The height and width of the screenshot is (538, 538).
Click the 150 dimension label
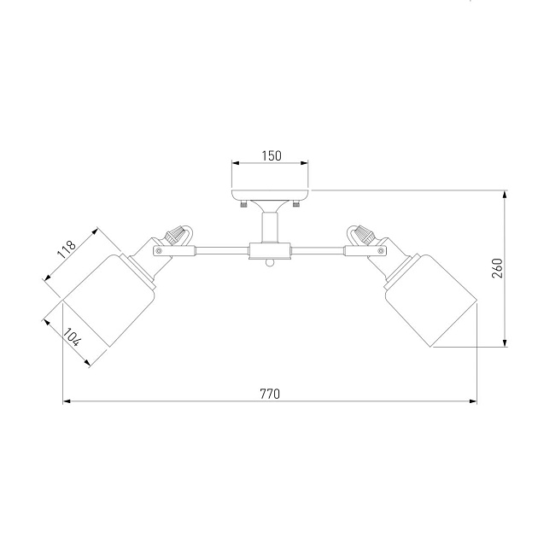(x=272, y=155)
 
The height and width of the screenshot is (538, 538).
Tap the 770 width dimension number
(x=270, y=394)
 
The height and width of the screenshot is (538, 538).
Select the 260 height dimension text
(x=498, y=268)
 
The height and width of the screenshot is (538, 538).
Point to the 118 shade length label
(x=67, y=249)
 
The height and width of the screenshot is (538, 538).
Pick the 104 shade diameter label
(x=73, y=337)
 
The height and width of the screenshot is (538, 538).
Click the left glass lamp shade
(x=110, y=300)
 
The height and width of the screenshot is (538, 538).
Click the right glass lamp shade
(x=430, y=300)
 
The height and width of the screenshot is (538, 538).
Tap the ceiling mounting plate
(x=270, y=195)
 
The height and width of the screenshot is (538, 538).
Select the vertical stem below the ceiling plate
(x=270, y=227)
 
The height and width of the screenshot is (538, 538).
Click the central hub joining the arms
(x=270, y=251)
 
